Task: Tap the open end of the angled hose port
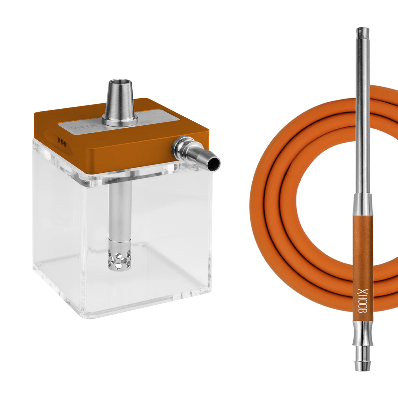(214, 164)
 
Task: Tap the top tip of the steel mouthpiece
(363, 29)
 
